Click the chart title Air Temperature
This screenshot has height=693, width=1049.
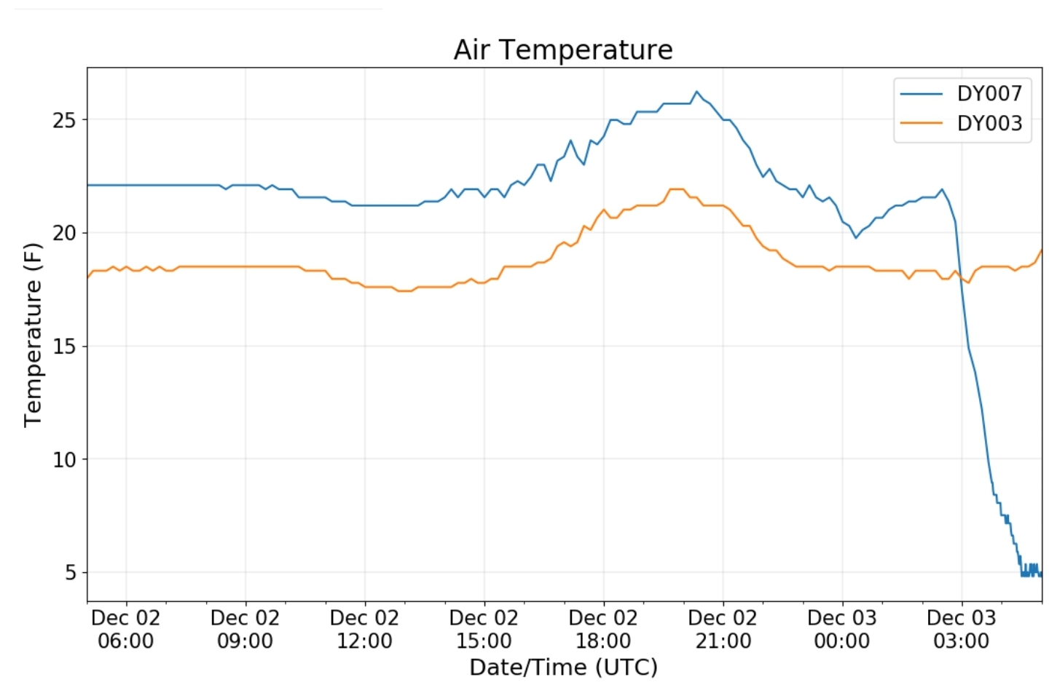[x=562, y=50]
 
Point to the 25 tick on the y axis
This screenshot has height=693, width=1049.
[x=64, y=120]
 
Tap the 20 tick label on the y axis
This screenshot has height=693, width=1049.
[x=64, y=233]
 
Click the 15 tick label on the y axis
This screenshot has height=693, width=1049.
[x=64, y=346]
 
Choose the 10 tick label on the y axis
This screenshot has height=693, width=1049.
[x=64, y=459]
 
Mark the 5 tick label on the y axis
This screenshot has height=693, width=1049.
[x=70, y=573]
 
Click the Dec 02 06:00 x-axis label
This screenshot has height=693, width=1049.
[x=125, y=630]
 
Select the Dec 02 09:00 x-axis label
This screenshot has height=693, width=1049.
[x=245, y=630]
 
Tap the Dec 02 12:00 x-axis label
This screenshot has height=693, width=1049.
[x=364, y=630]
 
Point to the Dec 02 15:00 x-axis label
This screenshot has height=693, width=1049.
[x=484, y=630]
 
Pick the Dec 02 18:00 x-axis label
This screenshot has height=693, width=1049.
[x=603, y=630]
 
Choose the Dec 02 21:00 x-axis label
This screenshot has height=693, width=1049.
[x=723, y=630]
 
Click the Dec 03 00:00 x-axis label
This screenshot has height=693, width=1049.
[x=842, y=630]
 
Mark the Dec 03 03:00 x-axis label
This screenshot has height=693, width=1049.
[x=962, y=630]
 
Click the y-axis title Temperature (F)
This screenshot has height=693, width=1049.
[x=33, y=335]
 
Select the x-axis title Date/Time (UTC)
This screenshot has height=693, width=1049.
[x=563, y=667]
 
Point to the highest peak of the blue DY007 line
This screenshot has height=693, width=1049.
[x=696, y=92]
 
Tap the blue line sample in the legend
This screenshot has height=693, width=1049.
[x=921, y=94]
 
